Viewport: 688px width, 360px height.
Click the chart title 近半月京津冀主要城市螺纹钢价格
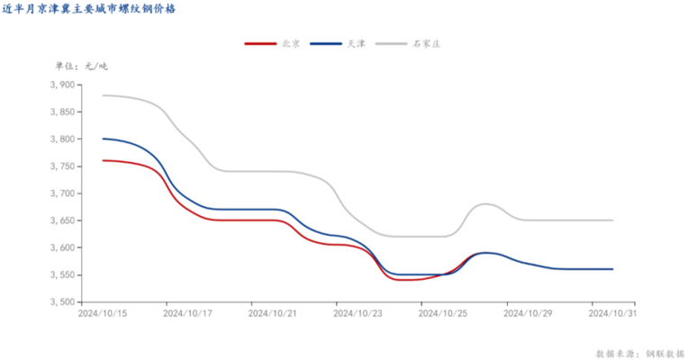[88, 10]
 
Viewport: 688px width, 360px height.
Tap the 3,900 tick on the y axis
[62, 85]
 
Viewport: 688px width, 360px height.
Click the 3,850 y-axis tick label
[62, 112]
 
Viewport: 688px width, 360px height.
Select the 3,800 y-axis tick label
[62, 139]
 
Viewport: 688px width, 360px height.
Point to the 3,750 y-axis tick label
[62, 166]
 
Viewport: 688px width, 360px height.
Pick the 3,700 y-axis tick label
[62, 193]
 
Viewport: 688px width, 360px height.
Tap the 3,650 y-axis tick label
[62, 220]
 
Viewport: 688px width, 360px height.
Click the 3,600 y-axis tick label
[62, 247]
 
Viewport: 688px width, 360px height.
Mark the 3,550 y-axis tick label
[62, 274]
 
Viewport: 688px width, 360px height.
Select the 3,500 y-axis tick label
[62, 301]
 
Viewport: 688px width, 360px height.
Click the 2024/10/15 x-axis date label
[102, 314]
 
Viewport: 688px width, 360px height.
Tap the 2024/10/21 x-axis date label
[272, 314]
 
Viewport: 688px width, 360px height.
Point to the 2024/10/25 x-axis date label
[442, 314]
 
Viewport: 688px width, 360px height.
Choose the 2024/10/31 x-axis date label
[612, 314]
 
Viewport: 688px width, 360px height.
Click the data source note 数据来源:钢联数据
[640, 353]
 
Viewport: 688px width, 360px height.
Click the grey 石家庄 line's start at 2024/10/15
[103, 95]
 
